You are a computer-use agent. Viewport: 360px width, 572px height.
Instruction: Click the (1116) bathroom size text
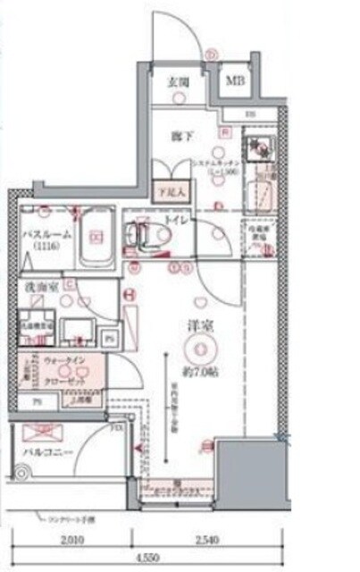pos(41,246)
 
